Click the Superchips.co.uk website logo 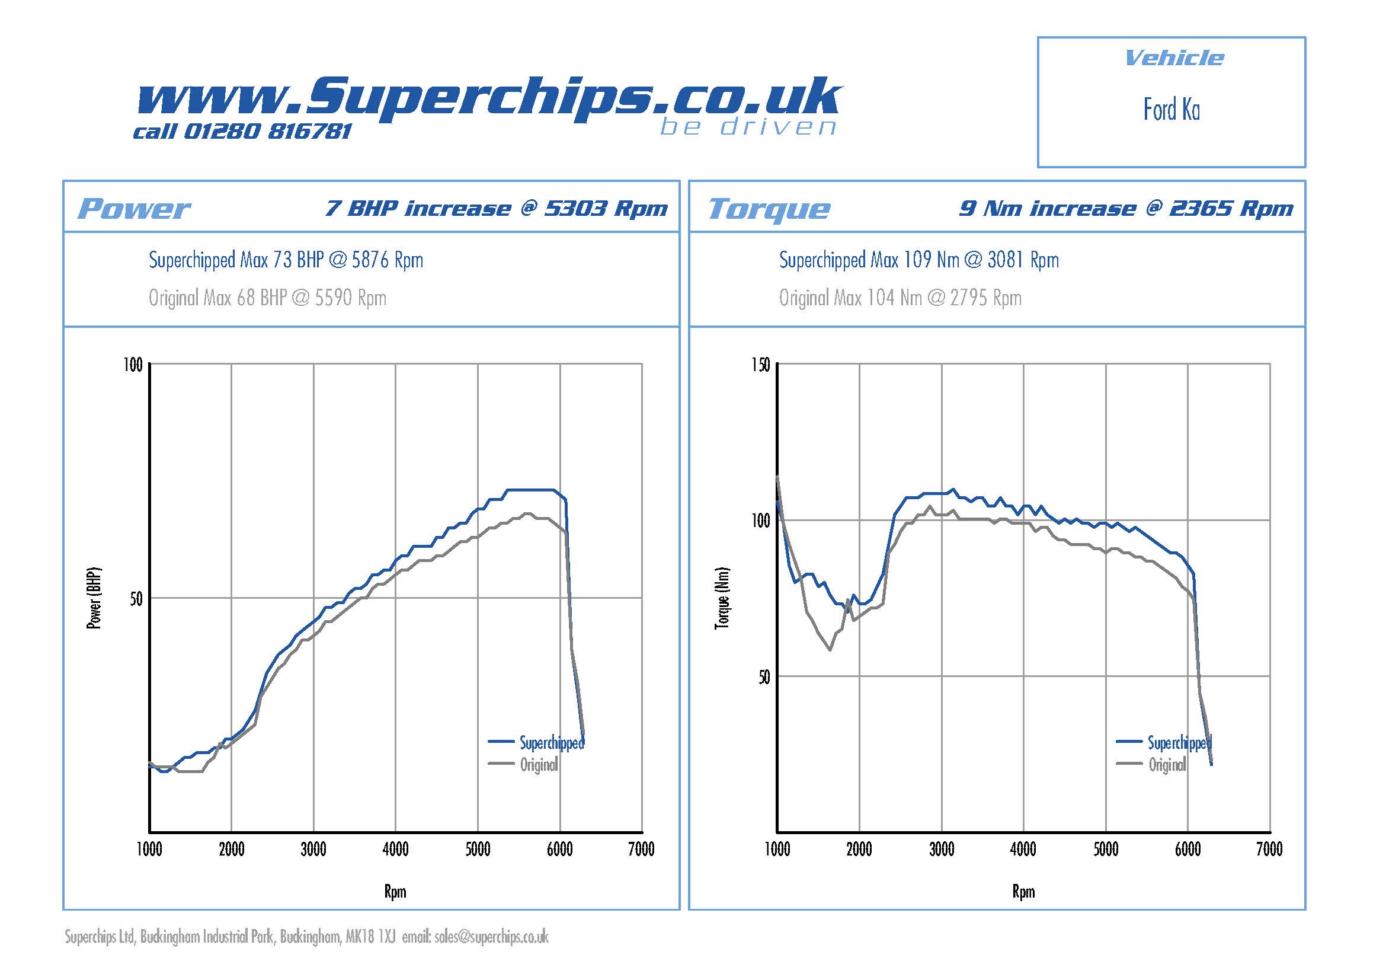pos(489,98)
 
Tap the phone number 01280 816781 pos(266,131)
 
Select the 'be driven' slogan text pos(748,127)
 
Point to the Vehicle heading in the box pos(1174,58)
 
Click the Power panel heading pos(134,209)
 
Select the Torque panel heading pos(769,209)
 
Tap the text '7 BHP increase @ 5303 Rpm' pos(496,208)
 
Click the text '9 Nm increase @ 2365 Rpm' pos(1126,208)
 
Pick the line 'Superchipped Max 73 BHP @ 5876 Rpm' pos(286,260)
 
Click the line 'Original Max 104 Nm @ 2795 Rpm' pos(900,298)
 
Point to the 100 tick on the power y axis pos(133,365)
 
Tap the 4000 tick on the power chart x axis pos(395,850)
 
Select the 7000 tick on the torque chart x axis pos(1269,850)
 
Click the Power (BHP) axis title pos(94,598)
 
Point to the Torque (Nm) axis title pos(722,598)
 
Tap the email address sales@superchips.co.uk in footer pos(491,937)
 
